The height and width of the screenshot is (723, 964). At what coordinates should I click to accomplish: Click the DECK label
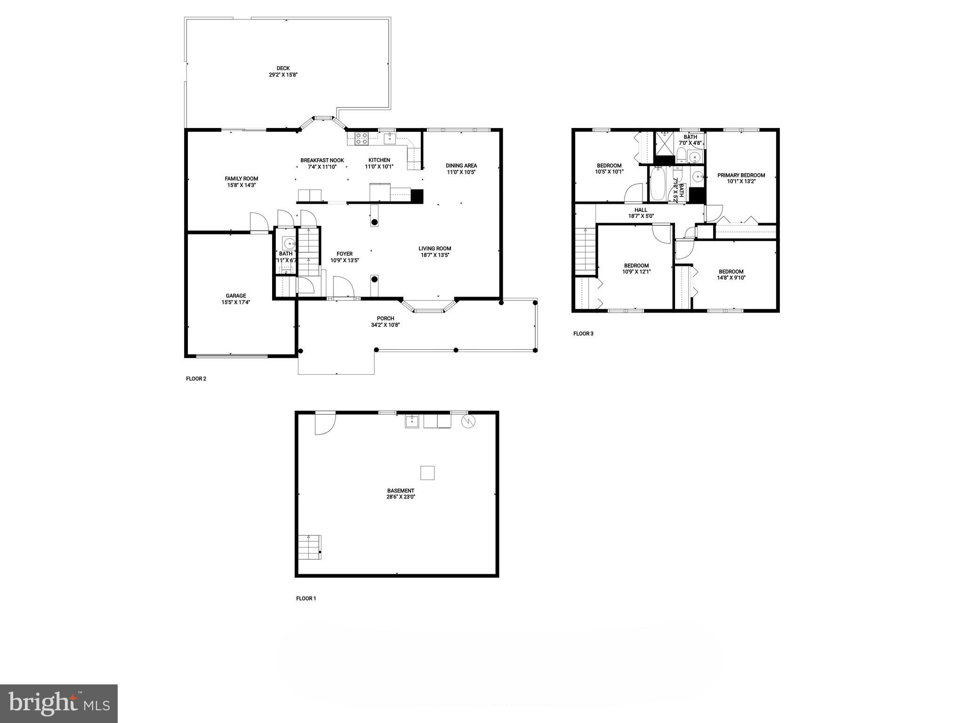[x=283, y=68]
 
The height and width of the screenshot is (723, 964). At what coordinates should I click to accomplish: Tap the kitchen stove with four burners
[x=361, y=138]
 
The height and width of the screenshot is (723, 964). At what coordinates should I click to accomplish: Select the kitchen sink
[x=389, y=138]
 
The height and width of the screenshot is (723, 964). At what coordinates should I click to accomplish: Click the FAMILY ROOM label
[x=241, y=179]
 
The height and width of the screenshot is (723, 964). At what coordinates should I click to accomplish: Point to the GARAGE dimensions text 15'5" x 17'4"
[x=235, y=303]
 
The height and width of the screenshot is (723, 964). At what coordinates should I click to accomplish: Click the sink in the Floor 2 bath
[x=289, y=243]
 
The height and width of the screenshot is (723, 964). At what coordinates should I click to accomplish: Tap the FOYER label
[x=345, y=254]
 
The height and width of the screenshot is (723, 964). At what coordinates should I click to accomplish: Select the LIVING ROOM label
[x=435, y=249]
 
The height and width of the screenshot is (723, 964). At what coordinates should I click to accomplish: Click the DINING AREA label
[x=461, y=166]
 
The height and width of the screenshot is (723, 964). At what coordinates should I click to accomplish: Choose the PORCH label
[x=385, y=319]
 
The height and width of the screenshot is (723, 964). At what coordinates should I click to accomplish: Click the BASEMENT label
[x=401, y=490]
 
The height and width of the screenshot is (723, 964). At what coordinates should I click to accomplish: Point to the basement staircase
[x=310, y=547]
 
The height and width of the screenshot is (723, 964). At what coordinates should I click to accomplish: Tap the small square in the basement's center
[x=427, y=473]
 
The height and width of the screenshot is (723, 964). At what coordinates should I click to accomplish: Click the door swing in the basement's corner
[x=325, y=423]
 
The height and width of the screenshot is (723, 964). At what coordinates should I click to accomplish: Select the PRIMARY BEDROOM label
[x=741, y=175]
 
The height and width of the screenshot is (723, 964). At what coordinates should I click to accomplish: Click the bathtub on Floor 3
[x=658, y=185]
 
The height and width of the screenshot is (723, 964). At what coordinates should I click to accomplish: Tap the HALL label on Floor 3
[x=641, y=210]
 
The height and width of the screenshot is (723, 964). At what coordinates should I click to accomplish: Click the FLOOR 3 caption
[x=583, y=334]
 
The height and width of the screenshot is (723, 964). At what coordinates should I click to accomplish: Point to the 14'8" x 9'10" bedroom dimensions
[x=731, y=278]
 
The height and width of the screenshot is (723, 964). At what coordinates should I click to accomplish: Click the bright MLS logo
[x=59, y=703]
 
